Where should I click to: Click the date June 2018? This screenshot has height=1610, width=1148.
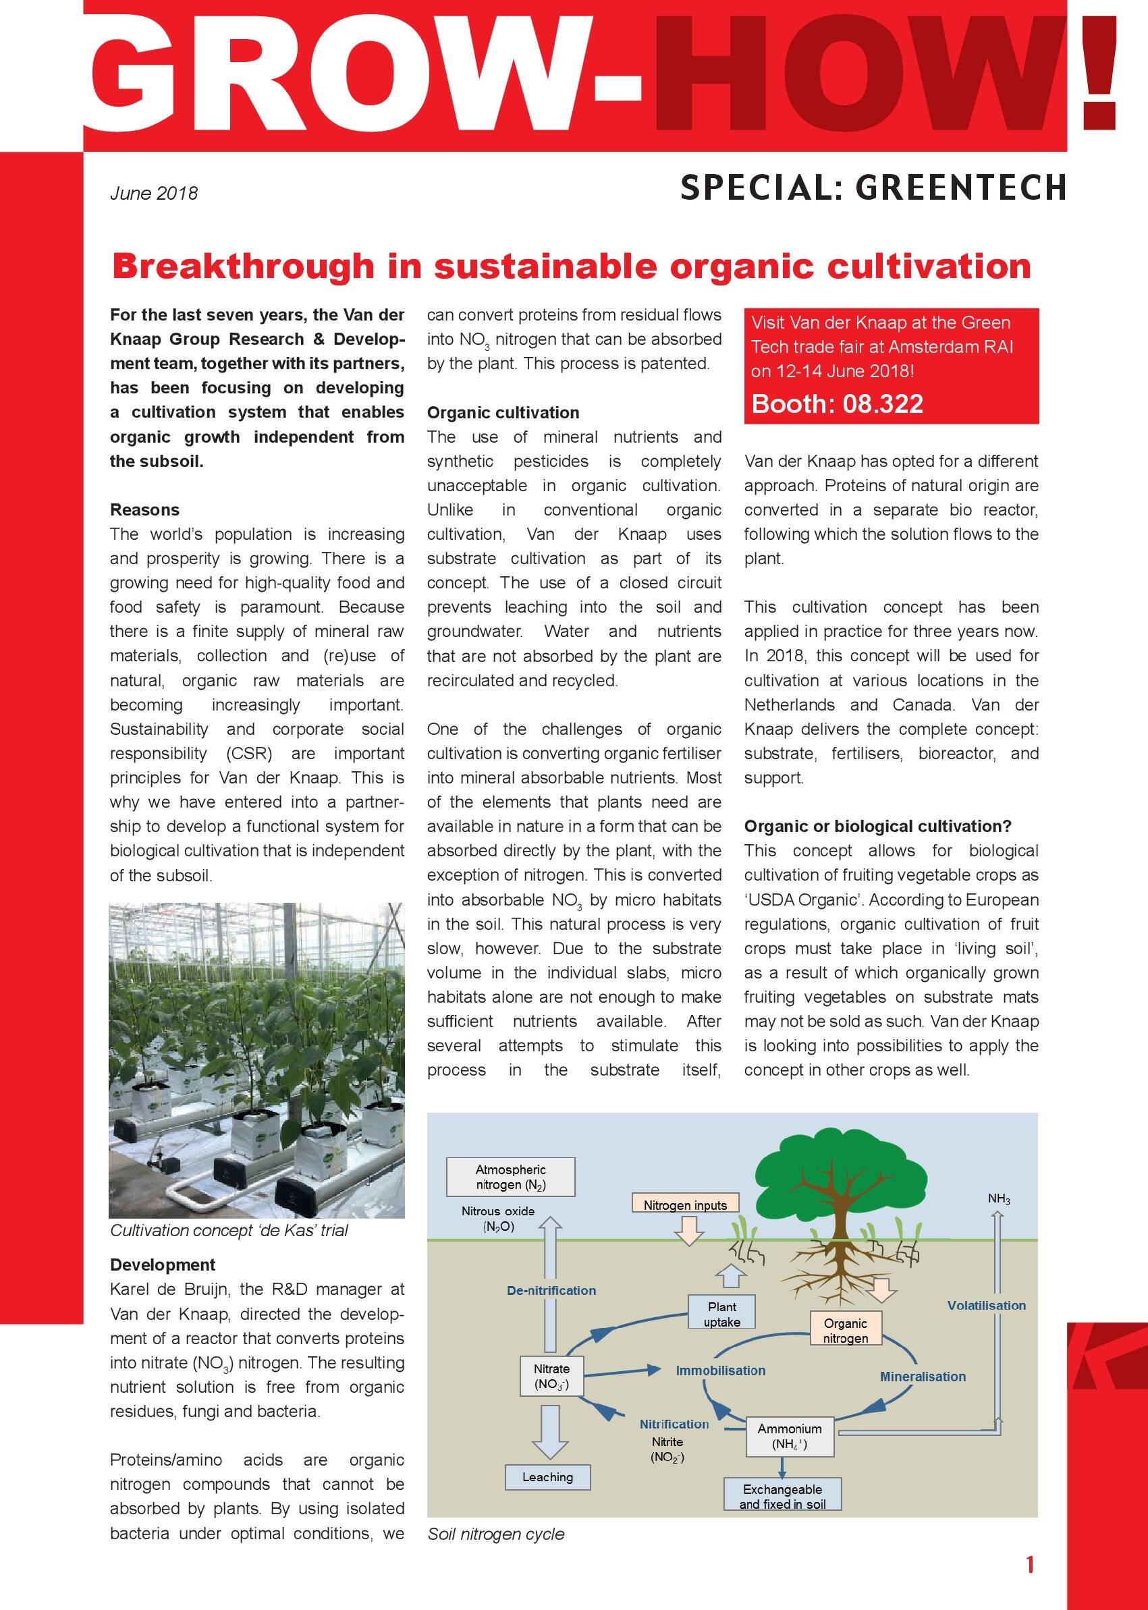click(x=153, y=193)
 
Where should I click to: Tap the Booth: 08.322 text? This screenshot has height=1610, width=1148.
click(x=837, y=404)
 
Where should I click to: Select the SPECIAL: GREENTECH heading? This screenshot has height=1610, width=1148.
click(x=873, y=188)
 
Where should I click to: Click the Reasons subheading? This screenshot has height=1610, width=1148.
click(x=144, y=509)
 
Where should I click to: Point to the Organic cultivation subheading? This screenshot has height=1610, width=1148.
click(x=503, y=412)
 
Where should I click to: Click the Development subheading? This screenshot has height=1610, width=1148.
click(x=163, y=1265)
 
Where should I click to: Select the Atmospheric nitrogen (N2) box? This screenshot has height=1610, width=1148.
click(x=510, y=1177)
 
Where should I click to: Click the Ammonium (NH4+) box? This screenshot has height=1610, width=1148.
click(x=790, y=1436)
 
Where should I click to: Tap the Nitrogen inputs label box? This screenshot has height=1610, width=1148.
click(x=685, y=1205)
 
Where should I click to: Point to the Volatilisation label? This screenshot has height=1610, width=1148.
click(x=986, y=1306)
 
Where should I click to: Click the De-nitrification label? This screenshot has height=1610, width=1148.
click(x=551, y=1290)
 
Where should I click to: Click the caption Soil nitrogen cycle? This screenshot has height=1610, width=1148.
click(x=495, y=1534)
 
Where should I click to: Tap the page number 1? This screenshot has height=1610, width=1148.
click(x=1030, y=1565)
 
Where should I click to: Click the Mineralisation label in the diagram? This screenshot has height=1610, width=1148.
click(x=923, y=1376)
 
